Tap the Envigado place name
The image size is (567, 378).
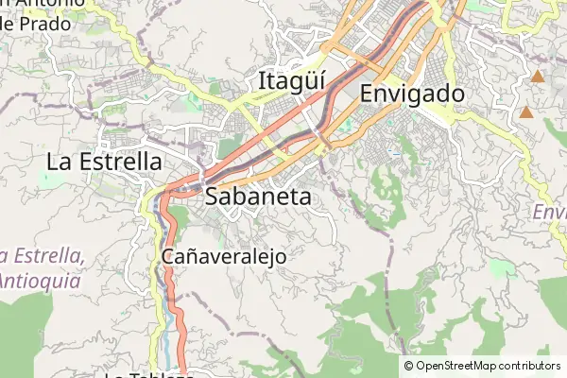(x=412, y=94)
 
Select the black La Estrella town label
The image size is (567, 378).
(x=104, y=162)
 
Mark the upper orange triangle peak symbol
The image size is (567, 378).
(x=538, y=77)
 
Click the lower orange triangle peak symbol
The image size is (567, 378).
(x=525, y=113)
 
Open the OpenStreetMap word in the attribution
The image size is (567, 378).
(x=457, y=366)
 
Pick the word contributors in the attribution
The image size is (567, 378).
(x=530, y=366)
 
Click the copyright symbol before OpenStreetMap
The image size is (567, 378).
(x=409, y=366)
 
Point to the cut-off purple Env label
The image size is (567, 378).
(x=548, y=213)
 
